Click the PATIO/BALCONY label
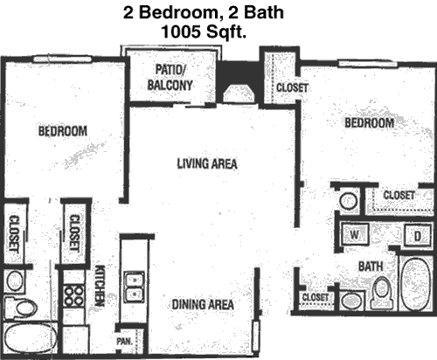pos(170,77)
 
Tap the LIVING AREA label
pos(207,163)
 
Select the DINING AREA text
pos(203,305)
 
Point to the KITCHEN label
pos(100,286)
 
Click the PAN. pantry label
pos(124,341)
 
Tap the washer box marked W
pos(355,234)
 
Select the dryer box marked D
pos(417,235)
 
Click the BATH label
pos(371,267)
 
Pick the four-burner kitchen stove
pos(74,296)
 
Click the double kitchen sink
pos(134,287)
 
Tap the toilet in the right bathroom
pos(382,292)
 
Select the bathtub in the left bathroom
pos(31,338)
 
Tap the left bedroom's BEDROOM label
pos(63,131)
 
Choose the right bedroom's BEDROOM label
pos(369,122)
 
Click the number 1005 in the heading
pos(181,31)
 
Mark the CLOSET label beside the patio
pos(292,87)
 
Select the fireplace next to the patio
pos(238,93)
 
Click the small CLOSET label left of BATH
pos(316,297)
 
